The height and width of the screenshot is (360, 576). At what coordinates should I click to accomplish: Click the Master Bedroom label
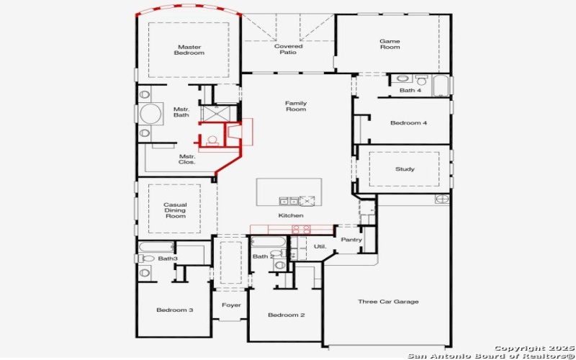pos(189,50)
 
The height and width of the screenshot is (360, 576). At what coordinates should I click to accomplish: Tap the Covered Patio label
pos(288,49)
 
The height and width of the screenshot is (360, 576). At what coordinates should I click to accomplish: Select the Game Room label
pos(390,44)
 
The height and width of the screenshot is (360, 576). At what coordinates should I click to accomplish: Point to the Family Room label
pos(295,106)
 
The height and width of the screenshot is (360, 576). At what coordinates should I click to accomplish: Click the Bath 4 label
pos(410,90)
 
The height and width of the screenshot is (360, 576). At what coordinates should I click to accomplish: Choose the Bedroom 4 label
pos(408,123)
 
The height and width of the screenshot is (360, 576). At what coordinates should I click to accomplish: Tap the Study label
pos(405,169)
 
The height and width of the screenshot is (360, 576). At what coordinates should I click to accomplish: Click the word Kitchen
pos(291,215)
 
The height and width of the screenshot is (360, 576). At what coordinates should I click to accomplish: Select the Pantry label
pos(351,240)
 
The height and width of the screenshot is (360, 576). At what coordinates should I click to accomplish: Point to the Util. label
pos(320,246)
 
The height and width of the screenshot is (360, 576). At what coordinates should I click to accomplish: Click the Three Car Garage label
pos(388,302)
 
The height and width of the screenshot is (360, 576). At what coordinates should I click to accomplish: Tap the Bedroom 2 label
pos(286,315)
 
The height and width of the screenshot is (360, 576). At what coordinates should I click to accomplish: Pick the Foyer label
pos(231,305)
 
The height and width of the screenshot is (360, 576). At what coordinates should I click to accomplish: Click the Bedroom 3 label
pos(175,310)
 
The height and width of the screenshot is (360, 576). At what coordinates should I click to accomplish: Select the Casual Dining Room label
pos(175,210)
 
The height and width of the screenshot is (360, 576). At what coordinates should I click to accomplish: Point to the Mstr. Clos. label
pos(187,159)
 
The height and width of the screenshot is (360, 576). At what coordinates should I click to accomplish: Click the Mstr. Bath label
pos(181,112)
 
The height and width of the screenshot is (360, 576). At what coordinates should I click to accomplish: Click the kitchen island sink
pos(289,201)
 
